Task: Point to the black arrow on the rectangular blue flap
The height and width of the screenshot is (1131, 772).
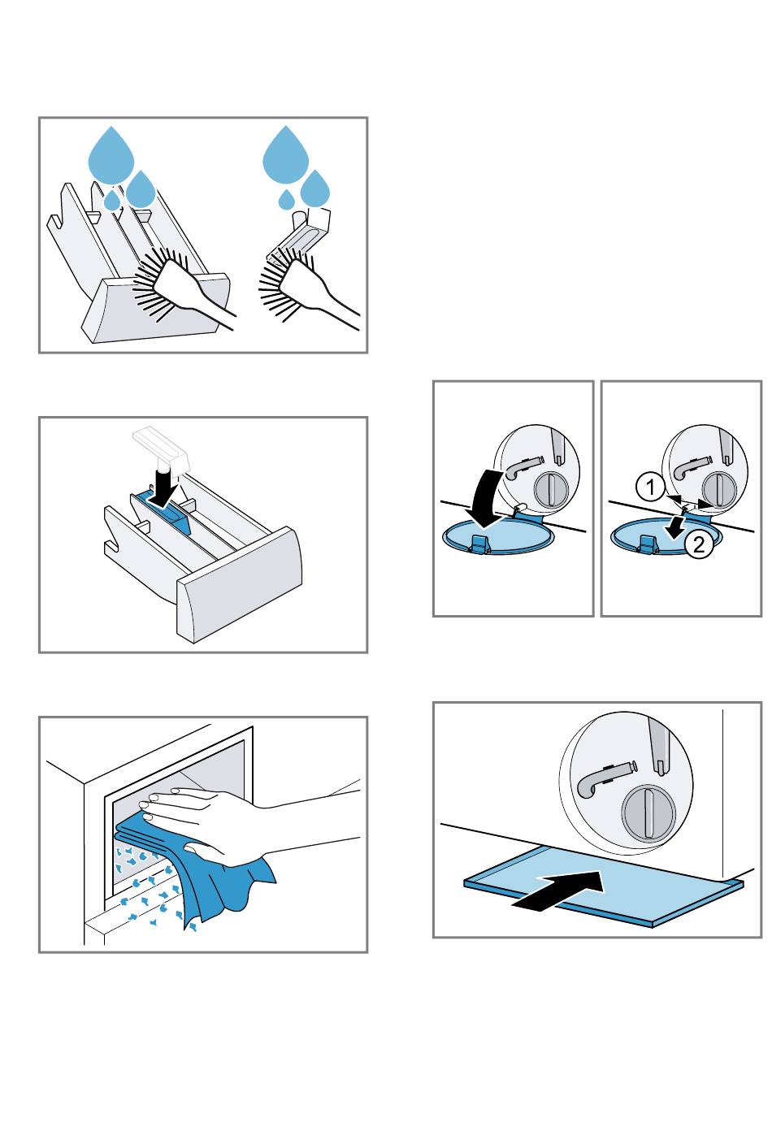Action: [x=561, y=889]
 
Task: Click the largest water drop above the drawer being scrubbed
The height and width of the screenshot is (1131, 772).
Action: [x=111, y=154]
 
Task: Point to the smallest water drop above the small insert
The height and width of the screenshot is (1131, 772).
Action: [x=285, y=199]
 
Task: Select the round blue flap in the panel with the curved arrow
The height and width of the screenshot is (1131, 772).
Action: [x=497, y=536]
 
